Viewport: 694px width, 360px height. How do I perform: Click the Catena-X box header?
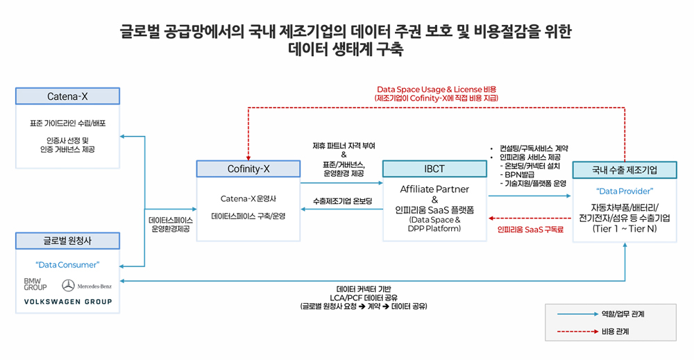tap(67, 96)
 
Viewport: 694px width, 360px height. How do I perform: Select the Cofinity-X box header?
tap(248, 169)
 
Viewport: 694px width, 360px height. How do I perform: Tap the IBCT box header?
tap(434, 169)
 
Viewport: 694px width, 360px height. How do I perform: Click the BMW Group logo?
tap(35, 284)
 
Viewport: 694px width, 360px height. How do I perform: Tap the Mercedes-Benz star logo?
tap(68, 285)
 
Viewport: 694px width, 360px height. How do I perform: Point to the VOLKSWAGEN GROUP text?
tap(67, 302)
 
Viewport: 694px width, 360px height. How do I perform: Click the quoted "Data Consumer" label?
tap(67, 264)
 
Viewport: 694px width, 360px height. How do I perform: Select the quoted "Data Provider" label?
tap(625, 191)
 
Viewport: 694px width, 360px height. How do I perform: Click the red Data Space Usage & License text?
tap(437, 89)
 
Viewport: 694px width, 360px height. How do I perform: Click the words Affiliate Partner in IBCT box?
tap(434, 189)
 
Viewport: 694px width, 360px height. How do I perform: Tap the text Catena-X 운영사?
tap(248, 198)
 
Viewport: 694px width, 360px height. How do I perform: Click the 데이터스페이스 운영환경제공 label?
tap(170, 223)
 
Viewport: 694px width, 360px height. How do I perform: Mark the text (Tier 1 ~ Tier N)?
tap(625, 228)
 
